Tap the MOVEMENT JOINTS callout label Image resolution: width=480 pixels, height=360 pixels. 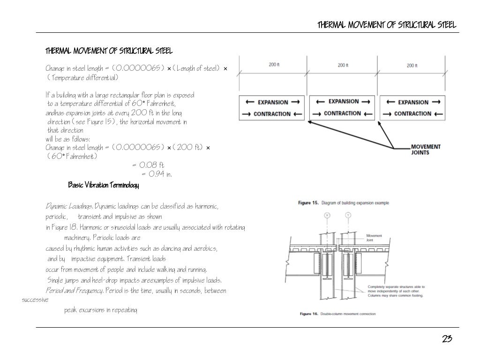pos(426,150)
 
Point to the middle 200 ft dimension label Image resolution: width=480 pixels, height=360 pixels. pos(344,65)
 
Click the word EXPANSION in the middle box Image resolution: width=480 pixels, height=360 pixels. pos(344,101)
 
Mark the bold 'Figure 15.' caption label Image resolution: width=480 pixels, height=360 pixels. pos(309,203)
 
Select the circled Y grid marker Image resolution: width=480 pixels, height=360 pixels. pos(347,215)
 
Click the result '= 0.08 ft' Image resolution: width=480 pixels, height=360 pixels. pos(148,165)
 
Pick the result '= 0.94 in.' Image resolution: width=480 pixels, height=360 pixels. pos(157,174)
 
